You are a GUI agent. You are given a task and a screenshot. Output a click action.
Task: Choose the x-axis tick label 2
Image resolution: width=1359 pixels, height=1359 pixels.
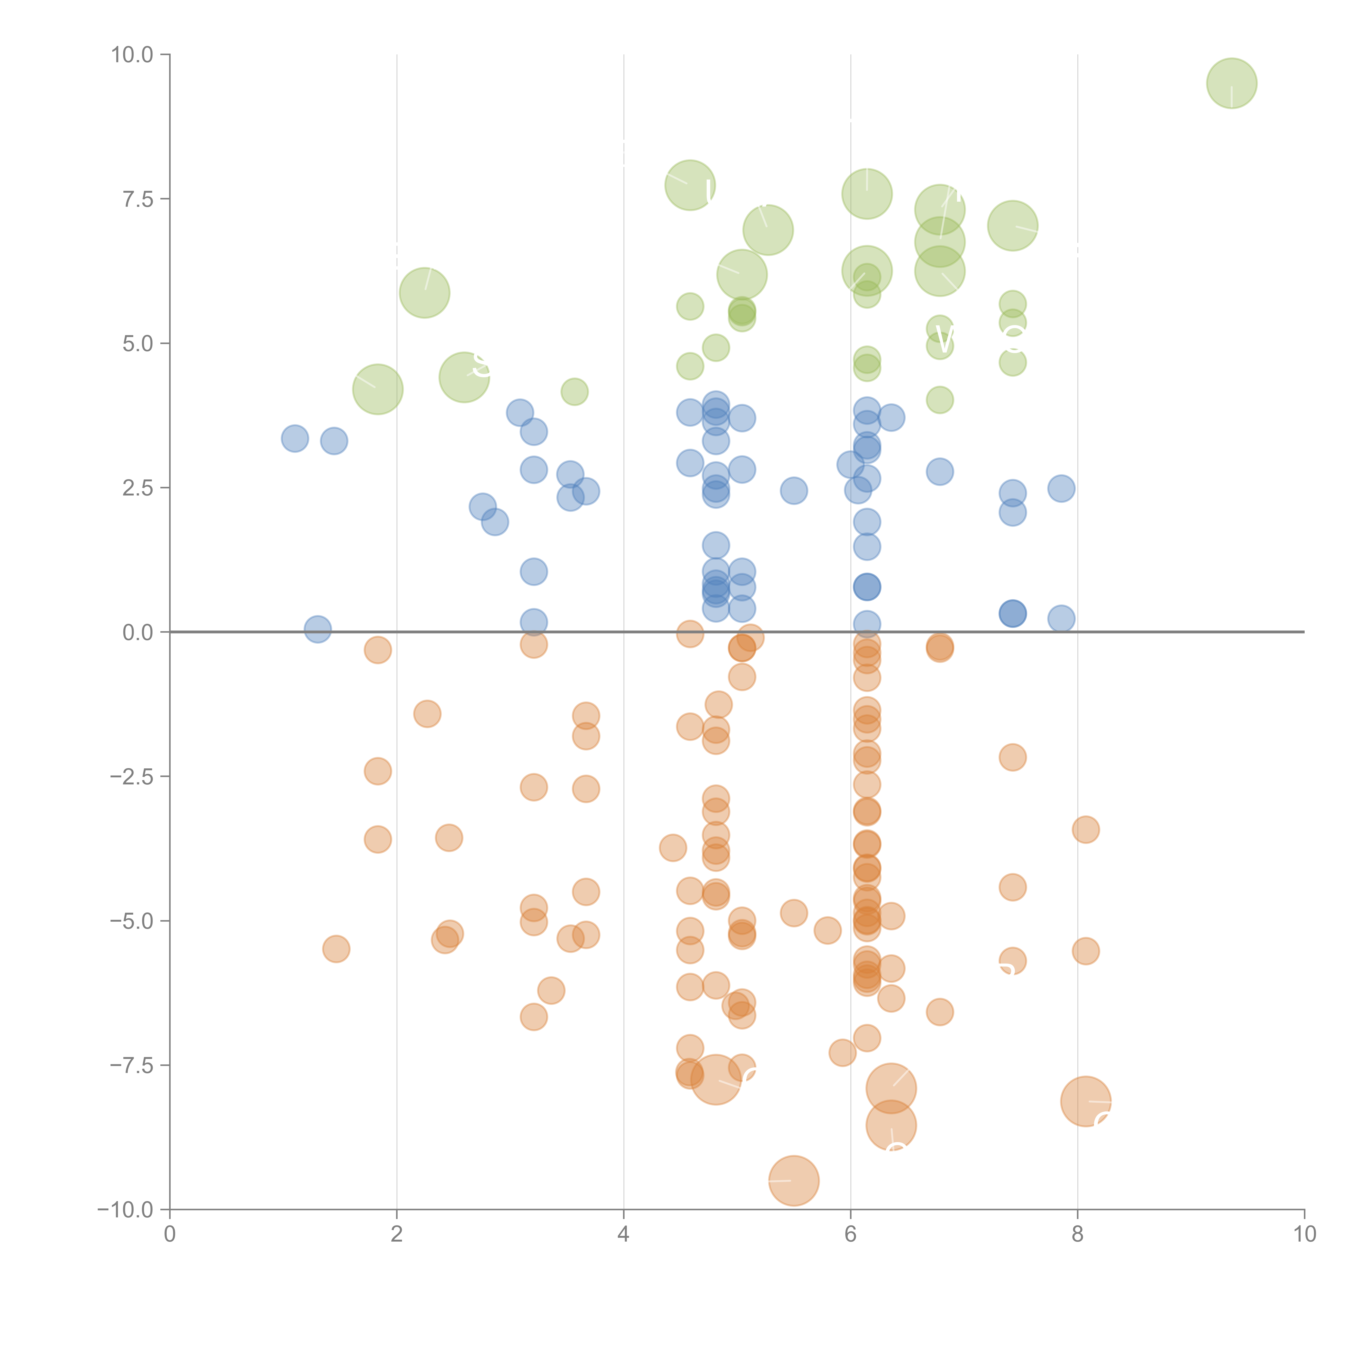pyautogui.click(x=397, y=1235)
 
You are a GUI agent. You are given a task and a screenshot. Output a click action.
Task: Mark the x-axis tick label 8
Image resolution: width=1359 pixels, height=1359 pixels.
pyautogui.click(x=1078, y=1235)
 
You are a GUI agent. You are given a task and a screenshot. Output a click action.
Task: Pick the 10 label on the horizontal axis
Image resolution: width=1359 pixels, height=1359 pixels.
pyautogui.click(x=1304, y=1235)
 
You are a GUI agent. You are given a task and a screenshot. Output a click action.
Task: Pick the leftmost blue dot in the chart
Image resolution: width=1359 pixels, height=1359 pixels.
pyautogui.click(x=295, y=438)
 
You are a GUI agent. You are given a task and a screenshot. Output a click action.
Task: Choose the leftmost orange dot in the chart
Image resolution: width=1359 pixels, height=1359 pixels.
pyautogui.click(x=336, y=949)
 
